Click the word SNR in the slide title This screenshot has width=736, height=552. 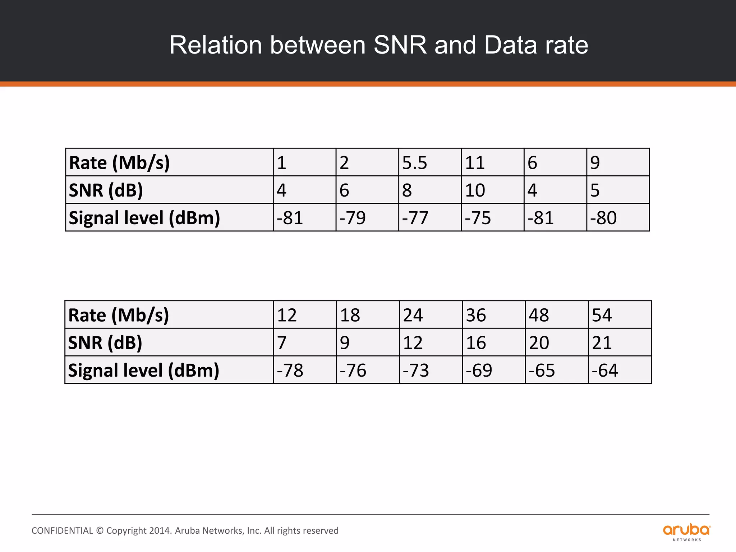coord(400,45)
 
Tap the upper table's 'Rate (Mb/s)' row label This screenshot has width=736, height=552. coord(119,162)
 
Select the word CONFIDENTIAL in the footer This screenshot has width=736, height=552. coord(62,531)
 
